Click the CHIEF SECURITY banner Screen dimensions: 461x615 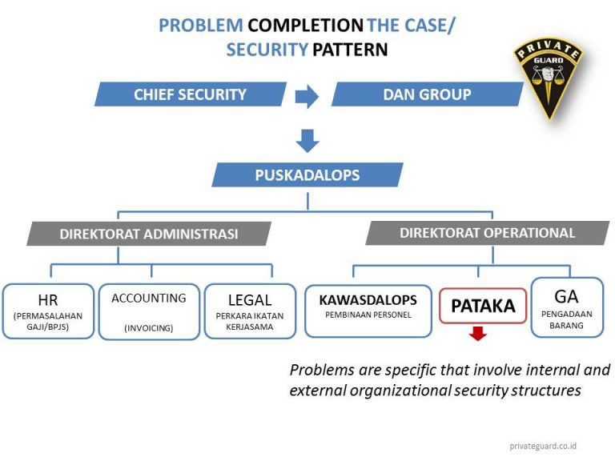click(x=190, y=94)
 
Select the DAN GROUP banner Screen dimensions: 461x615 click(x=428, y=94)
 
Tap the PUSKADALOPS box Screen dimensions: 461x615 click(x=307, y=174)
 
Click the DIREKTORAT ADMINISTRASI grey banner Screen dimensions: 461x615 click(x=149, y=235)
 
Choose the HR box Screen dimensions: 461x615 click(x=48, y=311)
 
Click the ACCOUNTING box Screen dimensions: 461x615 click(x=149, y=311)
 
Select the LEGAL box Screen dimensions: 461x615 click(x=250, y=311)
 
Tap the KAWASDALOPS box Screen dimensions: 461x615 click(x=368, y=310)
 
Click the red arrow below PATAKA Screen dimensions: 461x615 click(x=478, y=333)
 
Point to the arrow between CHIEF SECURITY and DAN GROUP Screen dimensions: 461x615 click(x=307, y=97)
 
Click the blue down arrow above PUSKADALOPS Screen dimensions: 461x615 click(x=307, y=140)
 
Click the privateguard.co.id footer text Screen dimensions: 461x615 click(x=543, y=446)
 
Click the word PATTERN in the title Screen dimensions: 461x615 click(x=350, y=50)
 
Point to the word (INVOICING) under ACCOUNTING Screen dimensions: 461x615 click(x=149, y=327)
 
